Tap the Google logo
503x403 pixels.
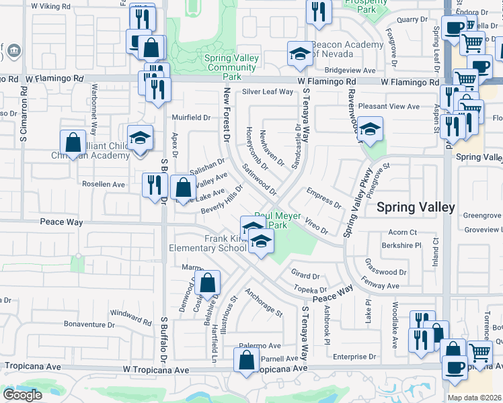tap(22, 394)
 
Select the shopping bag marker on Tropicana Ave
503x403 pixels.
tap(247, 359)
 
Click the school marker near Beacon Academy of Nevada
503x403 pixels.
tap(300, 54)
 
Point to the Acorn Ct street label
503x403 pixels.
tap(403, 232)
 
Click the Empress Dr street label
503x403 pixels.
tap(323, 198)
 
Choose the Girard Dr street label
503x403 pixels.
tap(305, 275)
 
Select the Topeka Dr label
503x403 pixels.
tap(310, 289)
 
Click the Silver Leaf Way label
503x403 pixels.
tap(268, 92)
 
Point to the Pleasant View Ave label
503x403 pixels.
tap(389, 106)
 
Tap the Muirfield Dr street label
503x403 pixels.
tap(192, 118)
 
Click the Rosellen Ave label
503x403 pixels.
tap(104, 183)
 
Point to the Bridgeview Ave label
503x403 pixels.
tap(350, 70)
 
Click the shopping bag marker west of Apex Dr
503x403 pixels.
tap(72, 143)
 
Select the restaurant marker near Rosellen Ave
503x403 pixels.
tap(155, 185)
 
